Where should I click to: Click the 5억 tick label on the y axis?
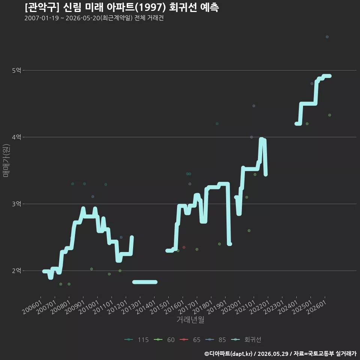coord(16,70)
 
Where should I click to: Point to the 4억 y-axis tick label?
coord(16,137)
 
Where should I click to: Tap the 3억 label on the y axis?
coord(16,204)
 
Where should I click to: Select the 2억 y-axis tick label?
coord(16,270)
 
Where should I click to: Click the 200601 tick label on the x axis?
coord(32,307)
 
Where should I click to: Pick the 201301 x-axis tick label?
coord(132,307)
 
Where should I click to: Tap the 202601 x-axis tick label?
coord(316,307)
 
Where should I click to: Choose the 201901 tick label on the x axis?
coord(217,307)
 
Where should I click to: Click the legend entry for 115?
coord(136,340)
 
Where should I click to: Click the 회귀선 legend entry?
coord(246,340)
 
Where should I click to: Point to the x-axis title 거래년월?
coord(190,319)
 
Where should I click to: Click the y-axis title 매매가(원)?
coord(6,161)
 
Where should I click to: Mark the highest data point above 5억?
coord(327,37)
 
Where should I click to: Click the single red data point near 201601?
coord(184,247)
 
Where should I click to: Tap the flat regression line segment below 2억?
coord(145,282)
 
